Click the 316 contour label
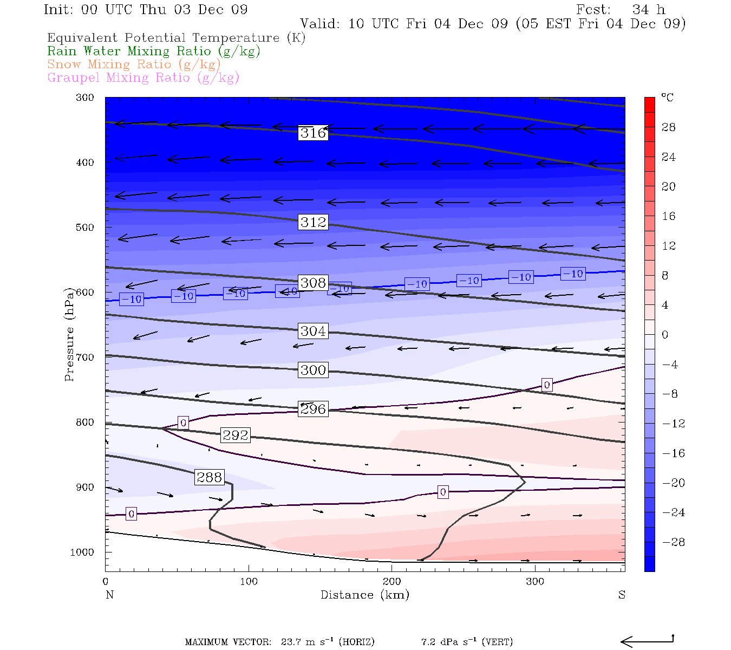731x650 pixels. (x=313, y=133)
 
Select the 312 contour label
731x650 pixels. (x=313, y=222)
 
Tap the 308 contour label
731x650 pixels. (x=313, y=283)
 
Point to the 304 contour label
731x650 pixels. (x=313, y=331)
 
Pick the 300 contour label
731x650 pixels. (x=313, y=370)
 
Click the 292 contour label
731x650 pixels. (x=236, y=435)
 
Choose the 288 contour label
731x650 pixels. (x=210, y=477)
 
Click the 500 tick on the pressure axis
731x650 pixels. (x=85, y=227)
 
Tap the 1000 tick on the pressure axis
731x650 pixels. (x=82, y=552)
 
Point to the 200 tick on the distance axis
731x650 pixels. (x=391, y=582)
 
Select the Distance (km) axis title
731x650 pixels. (x=364, y=595)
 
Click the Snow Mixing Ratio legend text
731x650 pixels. (x=134, y=64)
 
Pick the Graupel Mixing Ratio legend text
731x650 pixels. (x=143, y=77)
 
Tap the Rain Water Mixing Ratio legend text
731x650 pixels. (x=154, y=51)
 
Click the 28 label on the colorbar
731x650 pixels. (x=669, y=127)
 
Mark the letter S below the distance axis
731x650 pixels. (x=622, y=595)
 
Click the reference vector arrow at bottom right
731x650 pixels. (x=647, y=641)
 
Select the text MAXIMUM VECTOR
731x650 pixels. (x=228, y=642)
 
